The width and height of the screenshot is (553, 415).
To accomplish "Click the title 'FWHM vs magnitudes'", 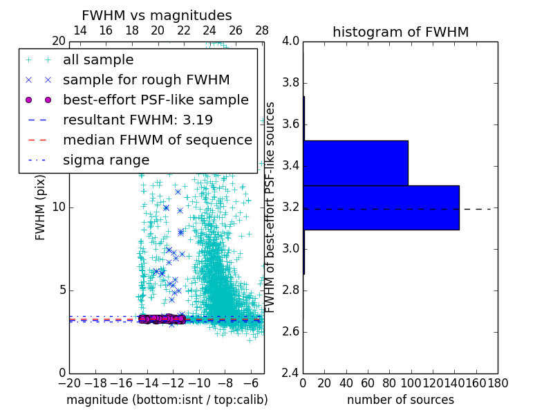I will [156, 16].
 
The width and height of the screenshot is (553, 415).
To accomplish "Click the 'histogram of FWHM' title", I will [400, 32].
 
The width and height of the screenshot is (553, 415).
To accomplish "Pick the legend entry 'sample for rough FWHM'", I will [146, 80].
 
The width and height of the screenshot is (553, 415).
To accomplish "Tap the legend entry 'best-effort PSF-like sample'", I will [156, 100].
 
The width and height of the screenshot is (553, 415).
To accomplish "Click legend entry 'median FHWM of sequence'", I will [157, 140].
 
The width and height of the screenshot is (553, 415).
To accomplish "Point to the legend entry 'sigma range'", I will [106, 160].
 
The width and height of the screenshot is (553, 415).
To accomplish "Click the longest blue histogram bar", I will [381, 207].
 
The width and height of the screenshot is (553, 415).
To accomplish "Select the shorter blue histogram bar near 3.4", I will [355, 163].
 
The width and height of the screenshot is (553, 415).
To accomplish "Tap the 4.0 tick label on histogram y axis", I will [291, 41].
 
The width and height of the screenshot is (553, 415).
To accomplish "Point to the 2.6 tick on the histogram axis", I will [291, 331].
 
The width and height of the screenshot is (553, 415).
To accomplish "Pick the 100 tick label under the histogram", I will [411, 382].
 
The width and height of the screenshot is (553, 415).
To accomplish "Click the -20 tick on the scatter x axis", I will [69, 382].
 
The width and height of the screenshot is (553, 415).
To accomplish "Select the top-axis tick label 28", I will [262, 30].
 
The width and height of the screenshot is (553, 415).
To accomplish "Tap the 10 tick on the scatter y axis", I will [59, 207].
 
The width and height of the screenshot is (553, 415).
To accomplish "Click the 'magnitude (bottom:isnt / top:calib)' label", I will [167, 400].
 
